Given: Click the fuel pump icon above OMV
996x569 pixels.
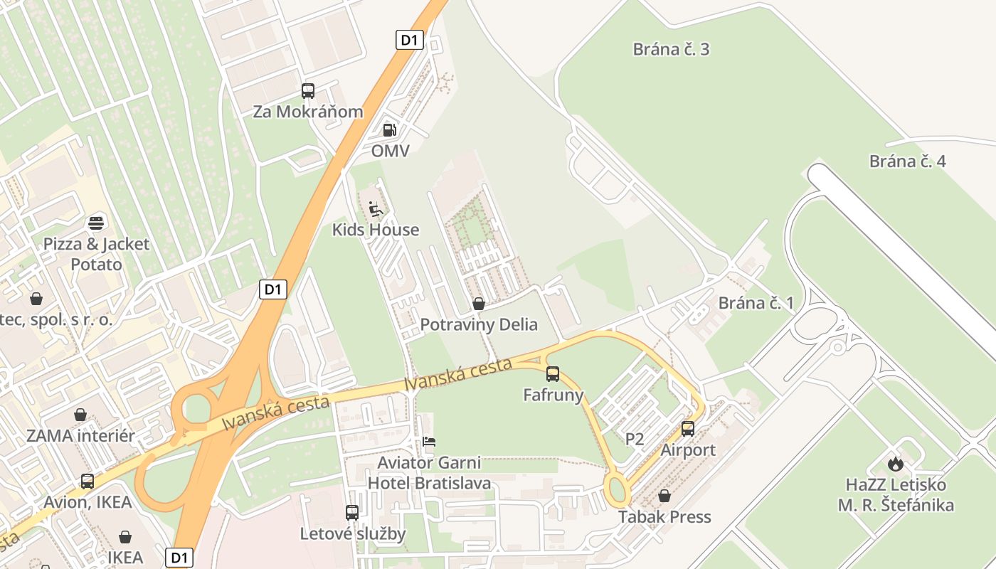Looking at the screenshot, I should click(389, 129).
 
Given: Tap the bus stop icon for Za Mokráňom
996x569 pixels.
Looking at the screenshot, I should click(307, 91).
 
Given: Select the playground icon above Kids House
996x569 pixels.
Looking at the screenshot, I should click(376, 209).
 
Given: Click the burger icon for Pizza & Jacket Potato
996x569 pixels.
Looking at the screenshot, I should click(96, 223).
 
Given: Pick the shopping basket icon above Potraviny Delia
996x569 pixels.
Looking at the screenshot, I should click(479, 304).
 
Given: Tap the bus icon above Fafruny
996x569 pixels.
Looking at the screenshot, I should click(553, 373).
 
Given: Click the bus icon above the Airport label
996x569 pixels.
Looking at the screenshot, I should click(688, 429).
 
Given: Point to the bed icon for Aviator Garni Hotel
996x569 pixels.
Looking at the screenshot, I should click(429, 442).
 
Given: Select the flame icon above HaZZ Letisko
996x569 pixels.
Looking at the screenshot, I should click(895, 464).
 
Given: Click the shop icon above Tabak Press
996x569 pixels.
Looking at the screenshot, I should click(664, 496).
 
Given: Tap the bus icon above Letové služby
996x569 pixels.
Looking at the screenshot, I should click(352, 513).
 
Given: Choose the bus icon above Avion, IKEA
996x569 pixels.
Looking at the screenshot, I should click(88, 482).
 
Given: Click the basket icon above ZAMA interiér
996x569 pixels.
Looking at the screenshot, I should click(80, 415).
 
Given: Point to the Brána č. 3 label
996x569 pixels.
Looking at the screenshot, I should click(671, 49).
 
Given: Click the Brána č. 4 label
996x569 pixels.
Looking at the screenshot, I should click(907, 161).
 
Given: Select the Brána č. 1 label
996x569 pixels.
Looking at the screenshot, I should click(756, 303).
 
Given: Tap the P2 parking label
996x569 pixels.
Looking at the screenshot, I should click(635, 440).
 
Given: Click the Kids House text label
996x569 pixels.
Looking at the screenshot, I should click(376, 230).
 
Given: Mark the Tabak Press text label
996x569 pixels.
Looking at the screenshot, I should click(664, 516).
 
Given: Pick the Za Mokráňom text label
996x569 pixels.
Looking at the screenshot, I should click(308, 112).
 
